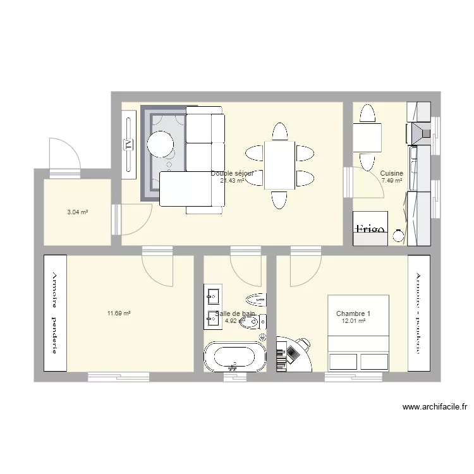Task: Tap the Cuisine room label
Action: [x=391, y=173]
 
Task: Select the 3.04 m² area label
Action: [x=77, y=212]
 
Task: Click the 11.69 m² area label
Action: [x=118, y=313]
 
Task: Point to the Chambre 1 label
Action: [x=353, y=313]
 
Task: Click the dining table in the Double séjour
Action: [x=279, y=164]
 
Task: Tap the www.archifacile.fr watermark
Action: [x=434, y=408]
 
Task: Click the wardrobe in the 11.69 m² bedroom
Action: [x=54, y=313]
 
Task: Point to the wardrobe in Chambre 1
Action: [x=418, y=313]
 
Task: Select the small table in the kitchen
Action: [x=367, y=137]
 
